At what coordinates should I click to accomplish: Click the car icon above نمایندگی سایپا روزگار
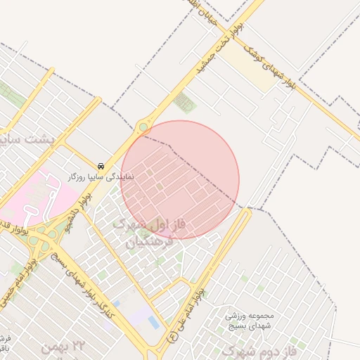click(x=102, y=167)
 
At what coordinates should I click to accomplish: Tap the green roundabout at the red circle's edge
click(x=144, y=127)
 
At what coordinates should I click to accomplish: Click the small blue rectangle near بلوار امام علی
click(x=153, y=322)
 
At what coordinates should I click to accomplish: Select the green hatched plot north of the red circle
click(x=185, y=101)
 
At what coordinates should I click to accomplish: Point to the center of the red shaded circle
click(x=180, y=179)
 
